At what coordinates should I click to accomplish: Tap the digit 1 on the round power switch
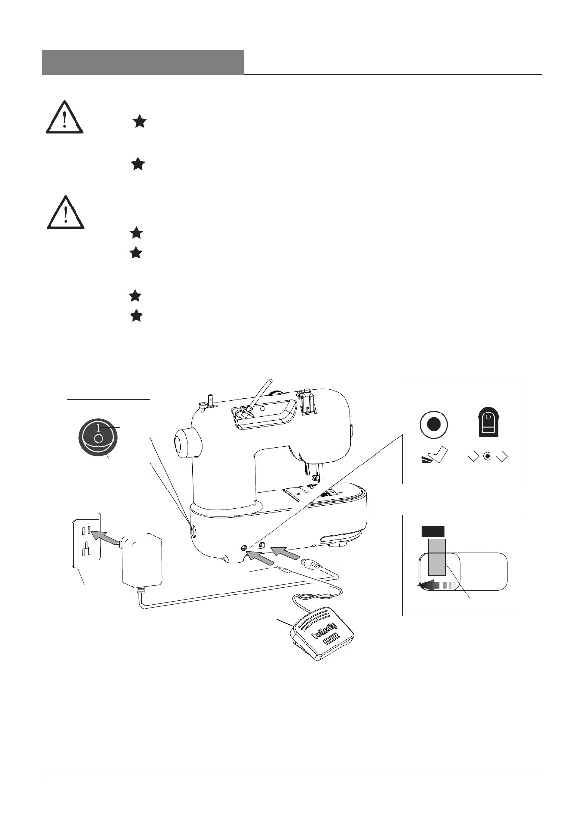pos(98,426)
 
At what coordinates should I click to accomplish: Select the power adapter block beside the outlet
pos(142,560)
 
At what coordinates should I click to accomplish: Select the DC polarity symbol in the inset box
pos(488,457)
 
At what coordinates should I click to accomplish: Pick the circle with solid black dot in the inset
pos(433,424)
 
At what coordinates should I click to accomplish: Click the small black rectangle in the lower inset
pos(432,531)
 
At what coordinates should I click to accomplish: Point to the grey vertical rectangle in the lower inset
pos(436,557)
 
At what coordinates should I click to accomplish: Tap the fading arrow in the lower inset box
pos(434,585)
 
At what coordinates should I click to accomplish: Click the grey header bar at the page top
pos(143,62)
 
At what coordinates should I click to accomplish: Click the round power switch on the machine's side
pos(192,530)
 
